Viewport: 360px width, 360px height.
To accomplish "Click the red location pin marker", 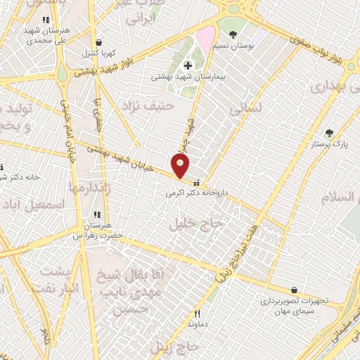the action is click(181, 167).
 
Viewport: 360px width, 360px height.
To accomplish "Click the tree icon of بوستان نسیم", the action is click(233, 34).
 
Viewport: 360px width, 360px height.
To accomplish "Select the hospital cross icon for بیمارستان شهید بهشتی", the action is click(188, 65).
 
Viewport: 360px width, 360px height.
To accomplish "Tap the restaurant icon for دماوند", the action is click(198, 314).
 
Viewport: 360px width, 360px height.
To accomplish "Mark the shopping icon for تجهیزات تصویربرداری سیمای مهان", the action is click(294, 290).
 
